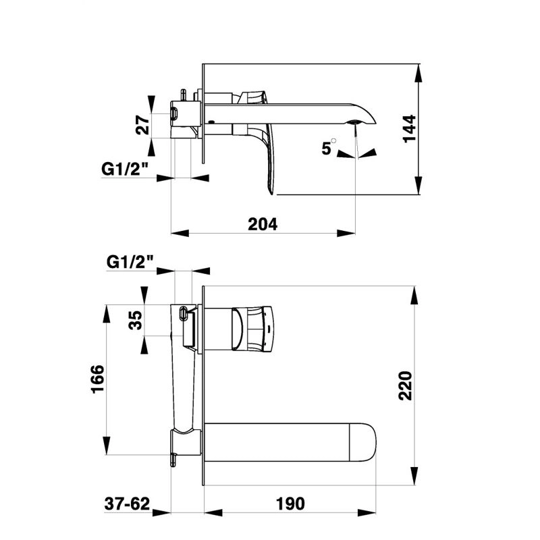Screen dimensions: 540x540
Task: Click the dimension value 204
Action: pyautogui.click(x=263, y=224)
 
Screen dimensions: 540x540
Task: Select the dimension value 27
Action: pyautogui.click(x=142, y=126)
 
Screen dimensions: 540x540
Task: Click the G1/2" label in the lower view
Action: pyautogui.click(x=130, y=261)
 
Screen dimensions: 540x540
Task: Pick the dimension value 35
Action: pyautogui.click(x=136, y=320)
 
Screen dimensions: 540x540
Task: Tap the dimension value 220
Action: pyautogui.click(x=406, y=385)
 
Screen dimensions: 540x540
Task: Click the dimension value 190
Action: pyautogui.click(x=290, y=504)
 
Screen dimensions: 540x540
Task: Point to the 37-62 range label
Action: pyautogui.click(x=127, y=504)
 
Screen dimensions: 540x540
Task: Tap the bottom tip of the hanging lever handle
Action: pyautogui.click(x=273, y=193)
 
